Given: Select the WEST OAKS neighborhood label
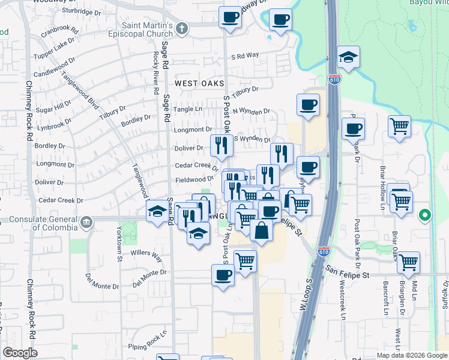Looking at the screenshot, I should tap(199, 83).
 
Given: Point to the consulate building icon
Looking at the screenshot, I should tap(87, 223).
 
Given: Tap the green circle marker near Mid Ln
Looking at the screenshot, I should tap(425, 215).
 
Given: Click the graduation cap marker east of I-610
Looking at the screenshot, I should tap(348, 58).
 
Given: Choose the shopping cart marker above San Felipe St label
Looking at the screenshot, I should tap(408, 262).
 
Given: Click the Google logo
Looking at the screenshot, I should tap(20, 353).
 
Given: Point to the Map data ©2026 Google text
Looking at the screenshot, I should tap(412, 355).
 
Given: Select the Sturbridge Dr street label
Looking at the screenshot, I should tap(82, 11).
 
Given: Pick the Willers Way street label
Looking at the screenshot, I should tap(147, 257).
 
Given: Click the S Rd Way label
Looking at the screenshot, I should tap(245, 55).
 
